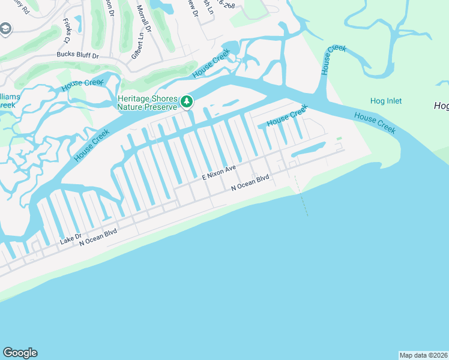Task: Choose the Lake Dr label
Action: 71,240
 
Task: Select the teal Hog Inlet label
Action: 387,101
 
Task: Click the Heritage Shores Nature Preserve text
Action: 148,103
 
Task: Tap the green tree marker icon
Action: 187,103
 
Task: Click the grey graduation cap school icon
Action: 6,29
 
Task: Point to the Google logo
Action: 20,353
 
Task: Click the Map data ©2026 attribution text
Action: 423,355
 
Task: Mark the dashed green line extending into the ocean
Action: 301,195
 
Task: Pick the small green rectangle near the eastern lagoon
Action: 339,139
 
